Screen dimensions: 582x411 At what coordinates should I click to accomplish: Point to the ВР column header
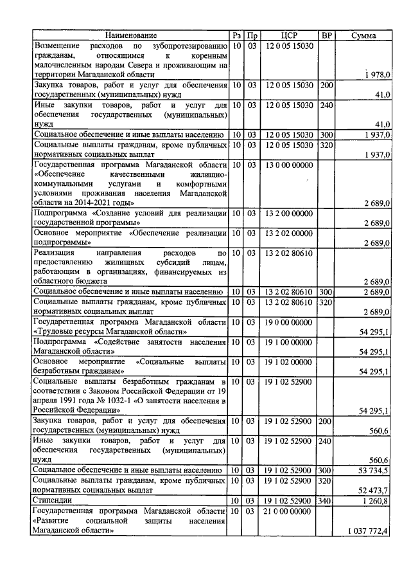(327, 35)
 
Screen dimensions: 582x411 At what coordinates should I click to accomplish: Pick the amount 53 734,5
(374, 470)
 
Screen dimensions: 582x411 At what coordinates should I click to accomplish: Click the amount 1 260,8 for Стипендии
(376, 500)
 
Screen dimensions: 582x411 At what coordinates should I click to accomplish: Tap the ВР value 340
(326, 500)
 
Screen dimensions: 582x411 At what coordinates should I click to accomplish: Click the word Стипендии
(53, 500)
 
